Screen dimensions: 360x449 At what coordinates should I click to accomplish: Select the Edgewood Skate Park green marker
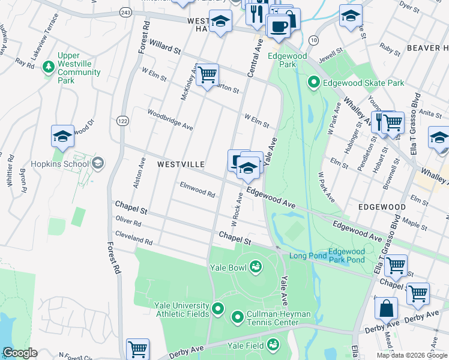coord(313,83)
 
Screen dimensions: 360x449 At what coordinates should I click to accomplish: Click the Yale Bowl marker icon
coord(255,266)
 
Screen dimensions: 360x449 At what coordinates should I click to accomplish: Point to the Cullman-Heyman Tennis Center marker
coord(237,316)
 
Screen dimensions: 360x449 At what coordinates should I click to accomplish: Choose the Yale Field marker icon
coord(273,344)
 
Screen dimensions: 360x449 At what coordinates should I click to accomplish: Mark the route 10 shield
coord(313,40)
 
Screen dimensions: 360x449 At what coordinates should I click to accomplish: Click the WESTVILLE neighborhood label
coord(181,164)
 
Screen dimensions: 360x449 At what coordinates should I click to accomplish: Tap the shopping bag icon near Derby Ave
coord(387,308)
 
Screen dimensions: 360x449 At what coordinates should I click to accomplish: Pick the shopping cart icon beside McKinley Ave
coord(206,74)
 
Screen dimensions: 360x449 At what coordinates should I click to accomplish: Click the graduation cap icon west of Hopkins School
coord(62,136)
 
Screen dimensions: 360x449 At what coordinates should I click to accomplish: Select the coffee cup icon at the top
coord(278,26)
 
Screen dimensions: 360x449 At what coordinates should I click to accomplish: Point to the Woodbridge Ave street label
coord(170,119)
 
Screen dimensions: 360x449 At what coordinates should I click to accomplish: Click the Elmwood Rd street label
coord(197,190)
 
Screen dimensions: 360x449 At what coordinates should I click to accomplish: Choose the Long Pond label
coord(307,256)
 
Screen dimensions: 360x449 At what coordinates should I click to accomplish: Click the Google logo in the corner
coord(20,353)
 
